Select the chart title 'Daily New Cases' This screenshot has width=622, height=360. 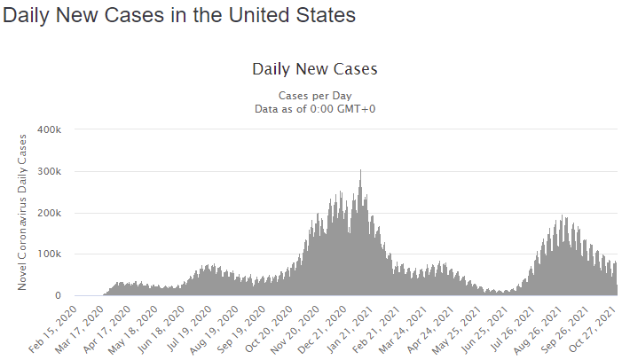(315, 69)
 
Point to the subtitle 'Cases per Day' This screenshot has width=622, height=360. (315, 96)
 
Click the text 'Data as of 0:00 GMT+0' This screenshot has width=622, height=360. (315, 108)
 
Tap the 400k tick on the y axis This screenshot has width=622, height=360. (48, 129)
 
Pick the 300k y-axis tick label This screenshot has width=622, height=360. (48, 171)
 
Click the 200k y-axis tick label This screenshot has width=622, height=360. (48, 213)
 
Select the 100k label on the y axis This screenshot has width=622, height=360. (48, 254)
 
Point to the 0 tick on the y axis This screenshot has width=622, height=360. (57, 296)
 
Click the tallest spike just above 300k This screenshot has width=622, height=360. (360, 172)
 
